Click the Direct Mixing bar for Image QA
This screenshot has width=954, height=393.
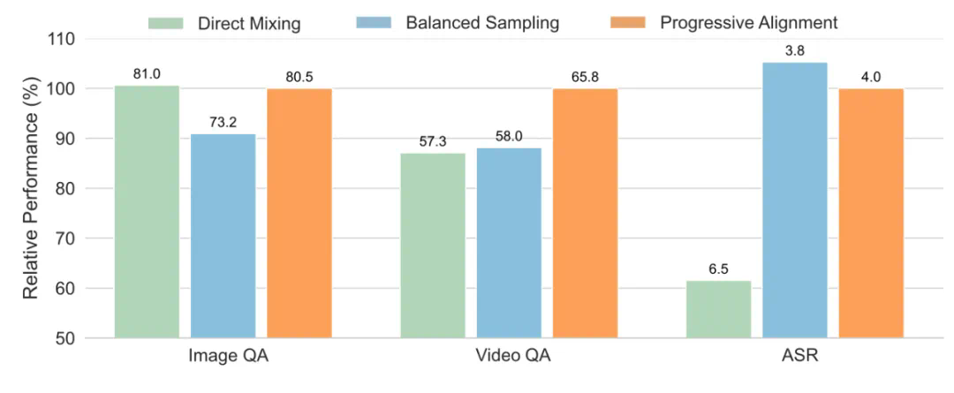click(x=147, y=212)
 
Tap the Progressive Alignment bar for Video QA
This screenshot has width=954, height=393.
click(x=585, y=213)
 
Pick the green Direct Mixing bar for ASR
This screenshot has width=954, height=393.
click(x=718, y=309)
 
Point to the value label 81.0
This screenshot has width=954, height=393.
click(x=147, y=74)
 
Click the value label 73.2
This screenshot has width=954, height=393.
click(x=223, y=123)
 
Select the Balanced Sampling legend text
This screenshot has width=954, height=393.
click(x=482, y=23)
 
